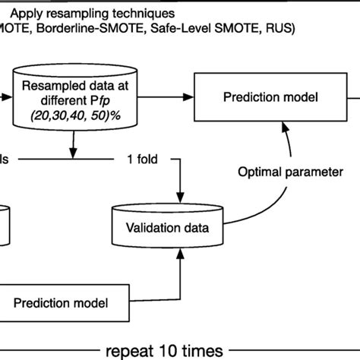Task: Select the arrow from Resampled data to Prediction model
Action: (x=163, y=97)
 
